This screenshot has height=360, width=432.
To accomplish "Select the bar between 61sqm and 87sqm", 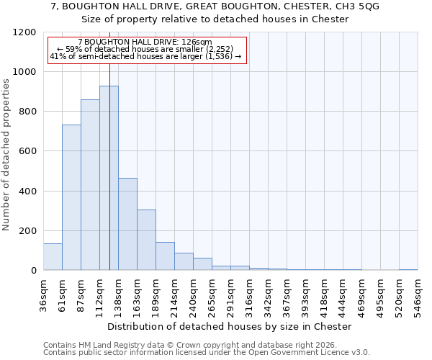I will point(71,197).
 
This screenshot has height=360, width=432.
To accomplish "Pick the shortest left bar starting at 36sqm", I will point(53,257).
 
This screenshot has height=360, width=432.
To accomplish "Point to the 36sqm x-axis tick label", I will point(43,296).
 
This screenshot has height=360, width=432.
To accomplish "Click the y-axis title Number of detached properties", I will point(6,155).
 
